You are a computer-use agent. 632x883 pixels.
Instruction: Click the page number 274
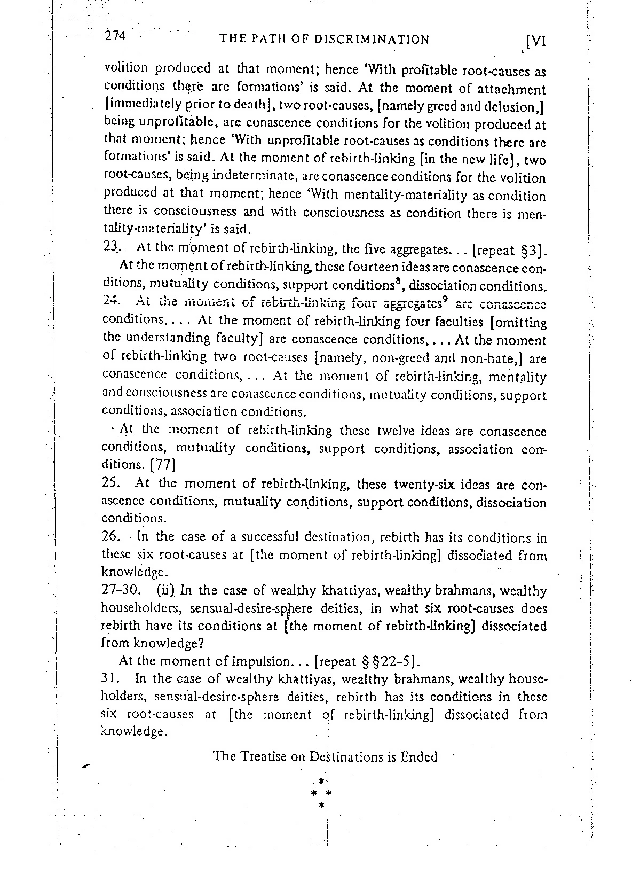(x=114, y=36)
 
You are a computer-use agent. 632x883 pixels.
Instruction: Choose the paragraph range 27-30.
(x=121, y=591)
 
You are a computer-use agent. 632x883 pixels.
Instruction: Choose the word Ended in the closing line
(x=419, y=757)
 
